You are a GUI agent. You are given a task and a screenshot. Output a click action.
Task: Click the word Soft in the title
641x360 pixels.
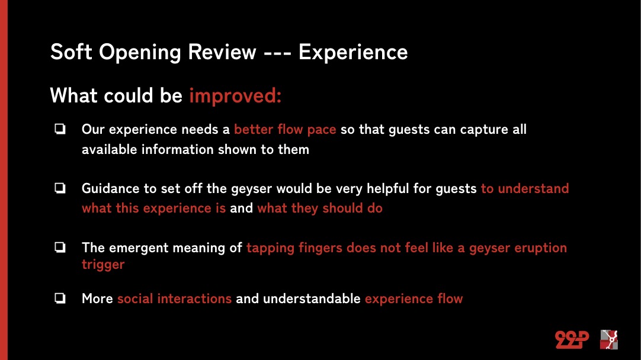click(70, 52)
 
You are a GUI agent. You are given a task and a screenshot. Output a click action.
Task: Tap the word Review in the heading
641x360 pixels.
click(222, 52)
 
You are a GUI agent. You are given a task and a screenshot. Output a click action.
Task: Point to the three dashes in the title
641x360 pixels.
click(278, 53)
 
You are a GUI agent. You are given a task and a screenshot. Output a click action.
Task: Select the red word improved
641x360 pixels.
click(235, 95)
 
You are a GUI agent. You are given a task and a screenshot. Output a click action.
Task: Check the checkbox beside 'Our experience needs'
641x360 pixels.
click(60, 129)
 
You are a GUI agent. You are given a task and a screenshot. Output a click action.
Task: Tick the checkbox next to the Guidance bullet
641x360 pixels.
click(60, 188)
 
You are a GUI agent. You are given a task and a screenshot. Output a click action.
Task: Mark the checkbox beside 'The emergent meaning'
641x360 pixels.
click(60, 247)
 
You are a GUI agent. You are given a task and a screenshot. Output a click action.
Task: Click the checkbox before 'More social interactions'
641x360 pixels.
click(60, 298)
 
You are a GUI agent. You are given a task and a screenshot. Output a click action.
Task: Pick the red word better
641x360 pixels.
click(254, 129)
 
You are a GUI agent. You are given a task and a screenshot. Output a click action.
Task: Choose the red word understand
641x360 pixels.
click(533, 188)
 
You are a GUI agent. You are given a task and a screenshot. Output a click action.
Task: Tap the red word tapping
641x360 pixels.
click(270, 248)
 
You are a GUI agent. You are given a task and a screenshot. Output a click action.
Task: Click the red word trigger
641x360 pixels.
click(103, 265)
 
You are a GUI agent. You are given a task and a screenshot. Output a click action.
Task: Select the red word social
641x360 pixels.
click(135, 298)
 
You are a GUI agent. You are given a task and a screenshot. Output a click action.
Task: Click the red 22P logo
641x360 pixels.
click(572, 339)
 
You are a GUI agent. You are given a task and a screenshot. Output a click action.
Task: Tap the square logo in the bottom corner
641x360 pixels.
click(608, 339)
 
